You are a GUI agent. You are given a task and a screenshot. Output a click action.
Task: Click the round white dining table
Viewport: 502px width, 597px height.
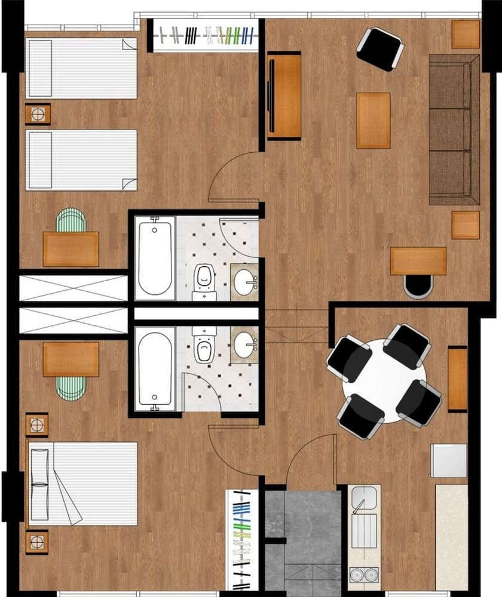[384, 381]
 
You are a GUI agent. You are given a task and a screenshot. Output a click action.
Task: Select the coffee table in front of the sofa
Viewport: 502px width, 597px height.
[374, 120]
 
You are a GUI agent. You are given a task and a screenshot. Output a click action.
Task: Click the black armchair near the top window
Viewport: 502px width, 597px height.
[379, 49]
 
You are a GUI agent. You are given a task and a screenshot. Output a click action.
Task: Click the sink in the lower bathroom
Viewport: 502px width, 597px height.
[244, 344]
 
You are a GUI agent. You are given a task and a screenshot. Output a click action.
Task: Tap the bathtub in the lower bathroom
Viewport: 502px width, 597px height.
[155, 368]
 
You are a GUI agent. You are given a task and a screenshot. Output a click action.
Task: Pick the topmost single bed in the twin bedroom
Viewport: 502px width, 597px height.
[82, 69]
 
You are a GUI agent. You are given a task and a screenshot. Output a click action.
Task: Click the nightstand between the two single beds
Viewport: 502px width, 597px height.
[38, 114]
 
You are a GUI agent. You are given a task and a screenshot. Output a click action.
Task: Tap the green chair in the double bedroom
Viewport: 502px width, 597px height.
[71, 389]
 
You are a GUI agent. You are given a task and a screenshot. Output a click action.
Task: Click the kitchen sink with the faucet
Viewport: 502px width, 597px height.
[364, 498]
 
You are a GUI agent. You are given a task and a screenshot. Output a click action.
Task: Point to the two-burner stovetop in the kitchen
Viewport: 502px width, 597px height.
[363, 574]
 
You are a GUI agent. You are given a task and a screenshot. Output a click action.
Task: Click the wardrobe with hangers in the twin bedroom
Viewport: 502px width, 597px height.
[204, 36]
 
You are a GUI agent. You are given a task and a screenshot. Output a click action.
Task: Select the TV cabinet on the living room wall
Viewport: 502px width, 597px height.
[283, 96]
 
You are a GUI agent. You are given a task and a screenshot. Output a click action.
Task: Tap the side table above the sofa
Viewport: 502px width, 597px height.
[466, 34]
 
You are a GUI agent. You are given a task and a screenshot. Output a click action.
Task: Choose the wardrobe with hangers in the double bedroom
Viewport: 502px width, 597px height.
[242, 540]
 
